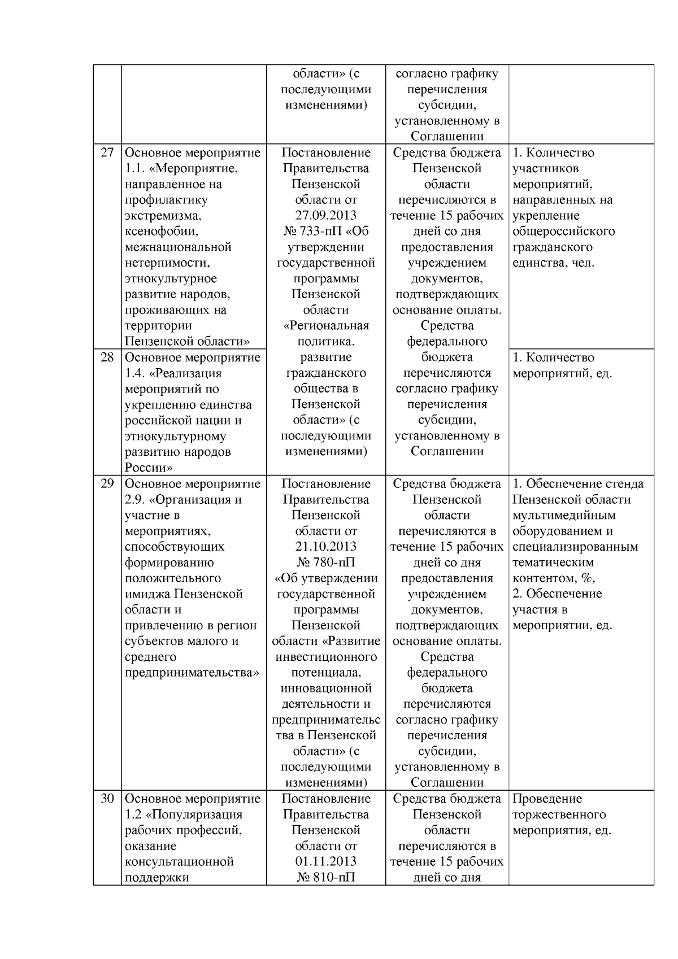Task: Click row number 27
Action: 107,152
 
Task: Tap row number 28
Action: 107,358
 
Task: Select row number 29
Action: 107,484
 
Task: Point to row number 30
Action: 107,799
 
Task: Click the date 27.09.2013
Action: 326,216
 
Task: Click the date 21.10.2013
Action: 326,547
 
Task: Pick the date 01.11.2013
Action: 326,862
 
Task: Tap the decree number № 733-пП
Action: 326,232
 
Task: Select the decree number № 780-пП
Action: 326,563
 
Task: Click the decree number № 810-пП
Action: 326,878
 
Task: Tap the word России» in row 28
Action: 149,468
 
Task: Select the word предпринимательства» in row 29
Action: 192,673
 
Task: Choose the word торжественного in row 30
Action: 559,815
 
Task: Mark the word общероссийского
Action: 563,232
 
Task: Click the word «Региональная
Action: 326,326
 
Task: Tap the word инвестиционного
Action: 326,657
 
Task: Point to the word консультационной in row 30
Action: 179,862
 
